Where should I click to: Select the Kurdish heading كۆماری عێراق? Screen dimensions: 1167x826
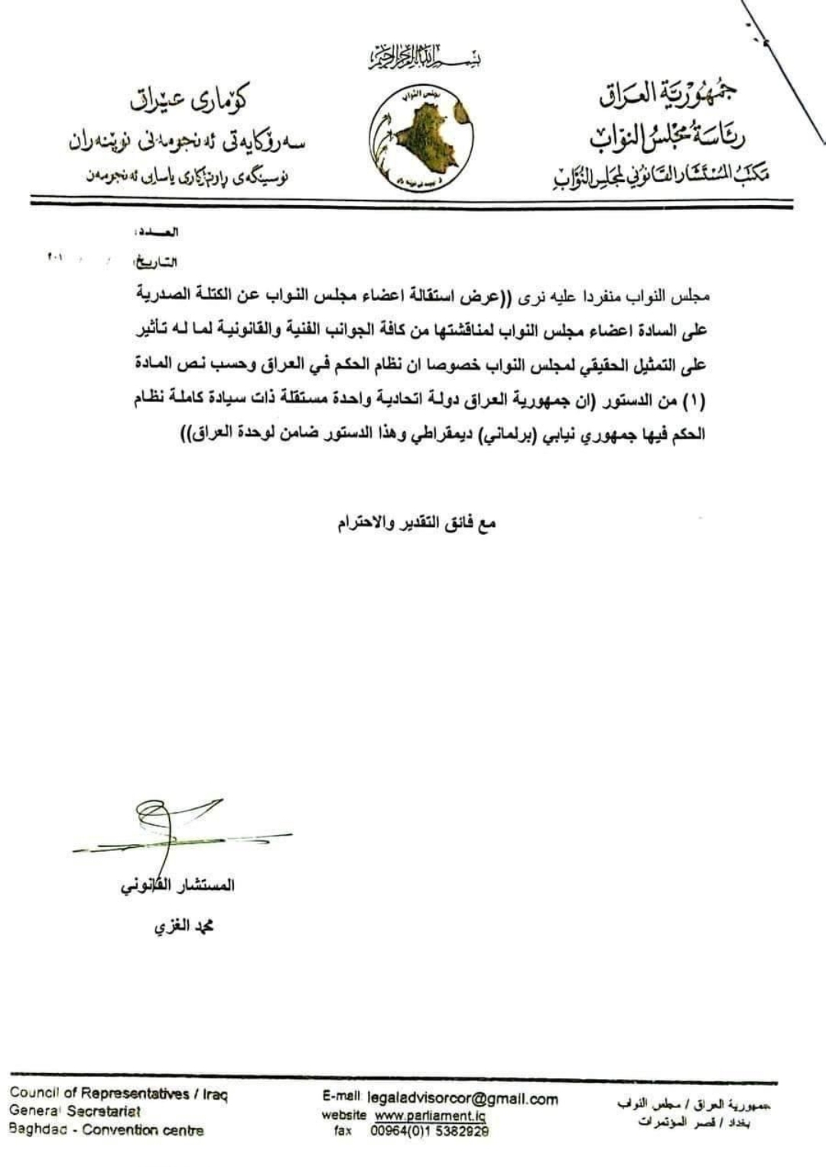(187, 100)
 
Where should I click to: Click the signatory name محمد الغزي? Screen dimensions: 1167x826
(184, 927)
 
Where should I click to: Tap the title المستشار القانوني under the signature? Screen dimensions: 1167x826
(177, 886)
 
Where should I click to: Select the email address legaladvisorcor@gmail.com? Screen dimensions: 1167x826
(463, 1099)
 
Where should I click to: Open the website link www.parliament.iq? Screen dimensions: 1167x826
(430, 1116)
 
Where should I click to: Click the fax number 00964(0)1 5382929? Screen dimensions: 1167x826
(430, 1130)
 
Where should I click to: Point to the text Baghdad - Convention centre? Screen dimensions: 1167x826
(106, 1130)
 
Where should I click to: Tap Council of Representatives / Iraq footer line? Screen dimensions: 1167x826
(119, 1094)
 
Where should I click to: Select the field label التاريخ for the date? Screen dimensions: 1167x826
(157, 262)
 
